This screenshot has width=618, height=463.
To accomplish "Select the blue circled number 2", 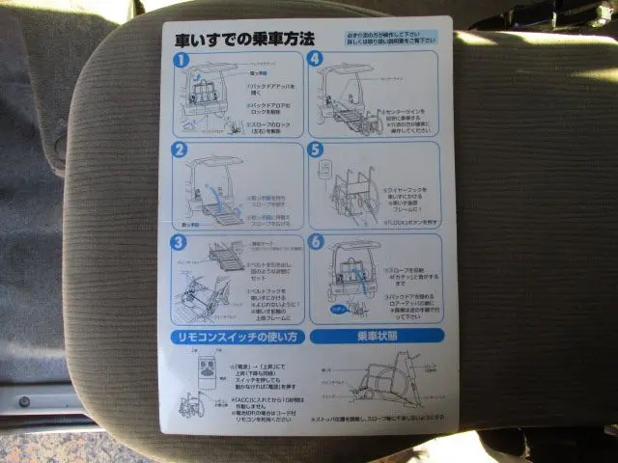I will pos(180,150).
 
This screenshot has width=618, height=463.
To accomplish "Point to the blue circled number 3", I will pos(180,241).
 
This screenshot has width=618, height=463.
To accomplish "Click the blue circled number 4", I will pos(316,59).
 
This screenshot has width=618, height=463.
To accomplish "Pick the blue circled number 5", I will pos(315,150).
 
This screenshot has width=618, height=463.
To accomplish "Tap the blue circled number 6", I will pos(315,241).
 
